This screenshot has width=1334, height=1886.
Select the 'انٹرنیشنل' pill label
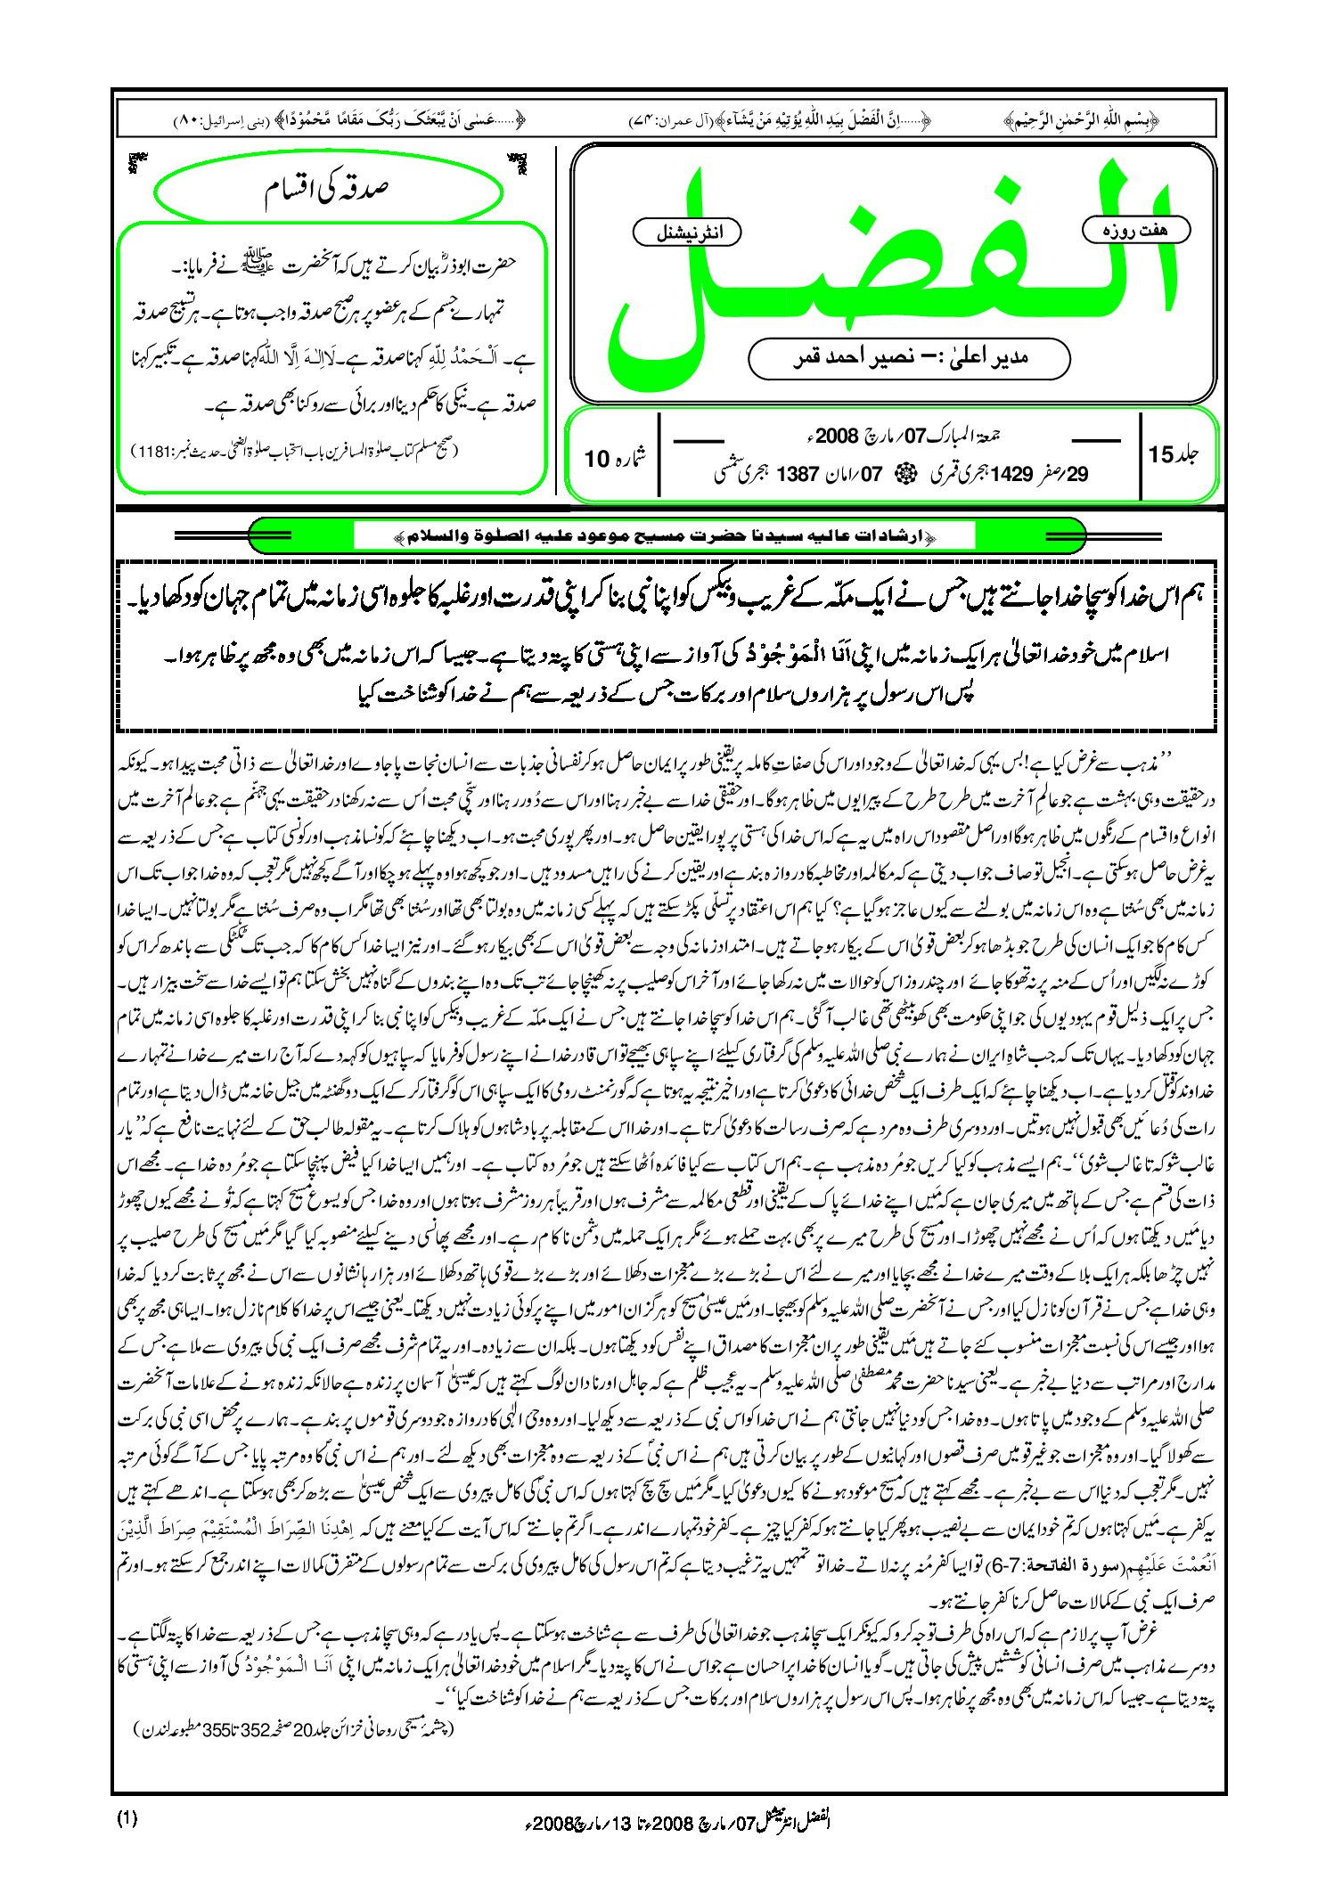[x=687, y=233]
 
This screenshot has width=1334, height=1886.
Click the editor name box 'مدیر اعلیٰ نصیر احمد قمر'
[x=908, y=358]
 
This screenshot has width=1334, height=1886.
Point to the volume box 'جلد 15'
[x=1174, y=454]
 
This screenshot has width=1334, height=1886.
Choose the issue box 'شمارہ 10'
[x=615, y=457]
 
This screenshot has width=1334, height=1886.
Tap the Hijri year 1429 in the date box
[x=1011, y=474]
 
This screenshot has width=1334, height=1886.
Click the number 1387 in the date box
[x=797, y=474]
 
